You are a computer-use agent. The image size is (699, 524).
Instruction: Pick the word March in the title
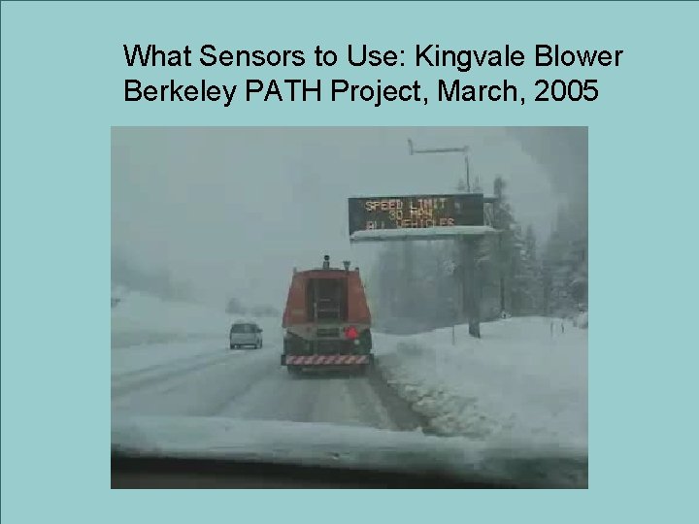click(469, 92)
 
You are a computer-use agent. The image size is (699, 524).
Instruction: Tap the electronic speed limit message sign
click(416, 213)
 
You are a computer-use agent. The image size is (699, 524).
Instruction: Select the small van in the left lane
click(246, 335)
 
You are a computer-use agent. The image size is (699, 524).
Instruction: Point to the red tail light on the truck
click(352, 333)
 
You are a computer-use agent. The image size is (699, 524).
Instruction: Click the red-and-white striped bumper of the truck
click(326, 359)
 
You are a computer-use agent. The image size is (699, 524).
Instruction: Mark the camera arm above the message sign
click(439, 150)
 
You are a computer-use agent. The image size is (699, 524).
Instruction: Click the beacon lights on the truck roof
click(326, 260)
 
